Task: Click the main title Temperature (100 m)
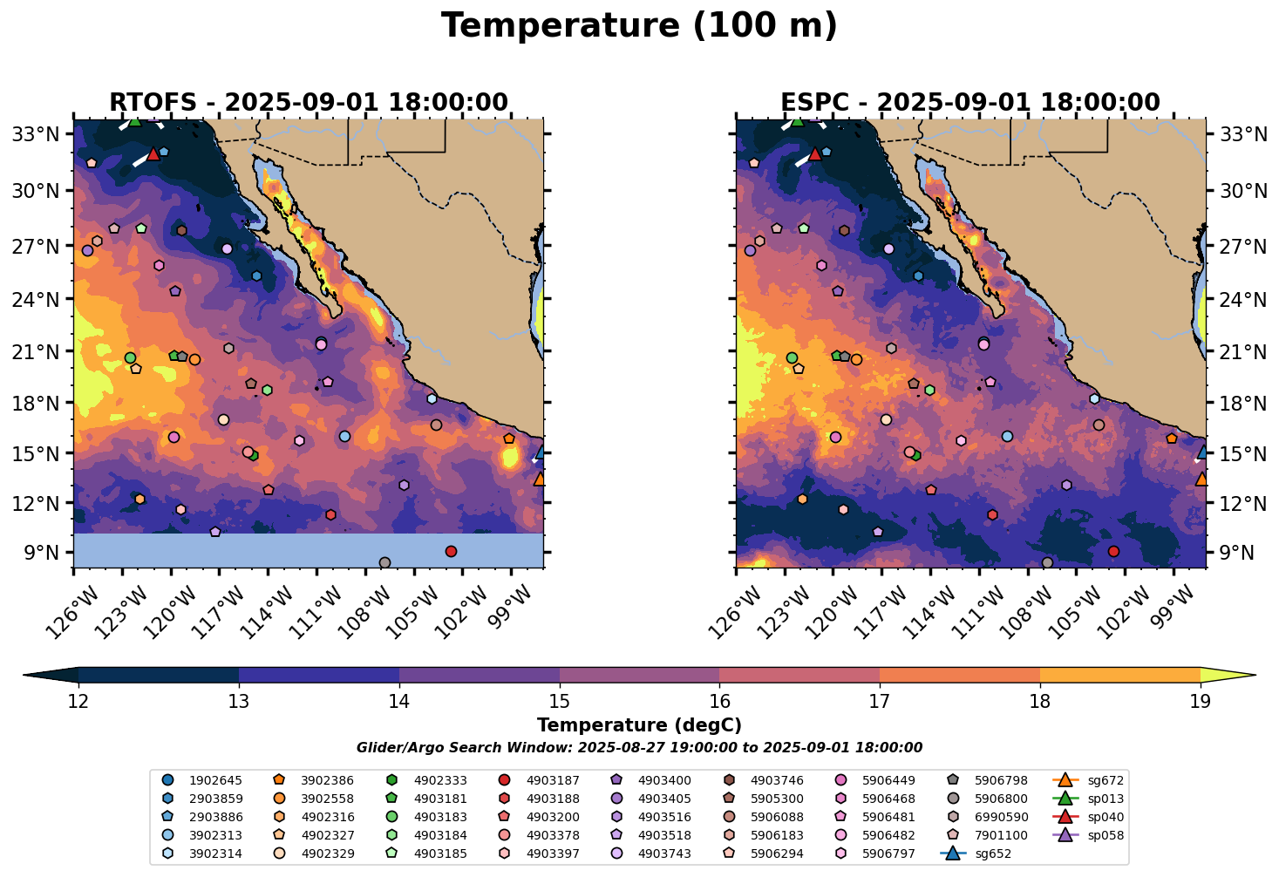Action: (639, 26)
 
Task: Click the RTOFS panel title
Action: (308, 103)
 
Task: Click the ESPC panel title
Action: (970, 103)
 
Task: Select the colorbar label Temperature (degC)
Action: (639, 725)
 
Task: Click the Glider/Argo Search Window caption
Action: (639, 748)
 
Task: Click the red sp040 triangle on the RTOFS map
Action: (153, 154)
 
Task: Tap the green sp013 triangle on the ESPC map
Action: (797, 120)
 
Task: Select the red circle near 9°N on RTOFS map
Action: (451, 551)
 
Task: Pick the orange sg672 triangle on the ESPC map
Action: (1201, 479)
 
